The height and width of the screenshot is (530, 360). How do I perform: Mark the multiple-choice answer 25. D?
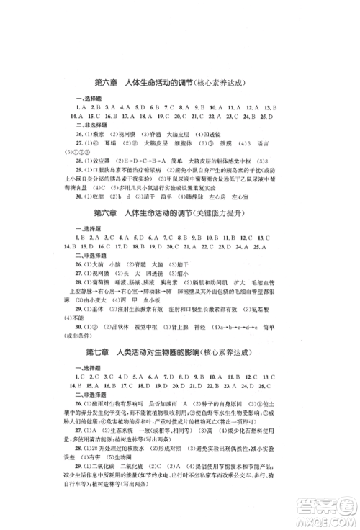(264, 114)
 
